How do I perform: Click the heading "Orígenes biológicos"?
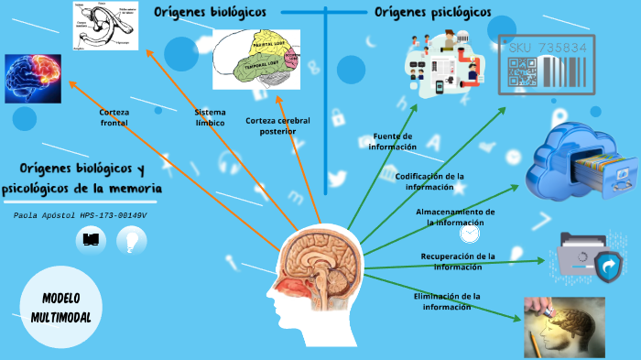pyautogui.click(x=210, y=12)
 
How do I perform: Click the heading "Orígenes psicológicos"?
pyautogui.click(x=432, y=12)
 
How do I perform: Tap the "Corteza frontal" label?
pyautogui.click(x=114, y=117)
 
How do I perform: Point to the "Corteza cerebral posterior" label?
pyautogui.click(x=277, y=125)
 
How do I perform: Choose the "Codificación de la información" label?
pyautogui.click(x=429, y=180)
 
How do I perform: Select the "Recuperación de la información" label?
pyautogui.click(x=458, y=261)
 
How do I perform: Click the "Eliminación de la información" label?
pyautogui.click(x=447, y=301)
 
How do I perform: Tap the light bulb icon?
pyautogui.click(x=132, y=240)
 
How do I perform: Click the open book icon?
pyautogui.click(x=91, y=240)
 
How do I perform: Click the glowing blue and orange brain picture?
pyautogui.click(x=34, y=77)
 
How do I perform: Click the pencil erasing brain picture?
pyautogui.click(x=564, y=326)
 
